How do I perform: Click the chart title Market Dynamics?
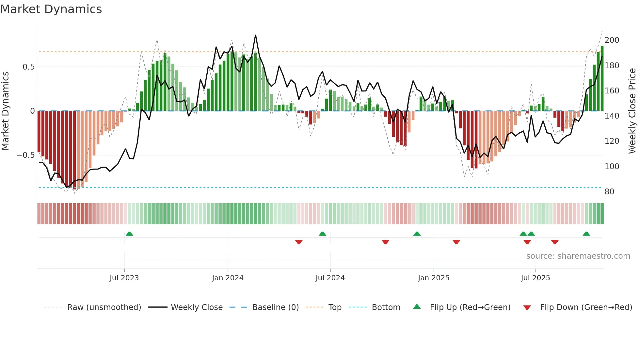click(x=51, y=9)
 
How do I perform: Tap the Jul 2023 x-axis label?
click(x=124, y=278)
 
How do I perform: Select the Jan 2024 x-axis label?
click(x=228, y=278)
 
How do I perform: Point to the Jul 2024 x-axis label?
click(x=330, y=278)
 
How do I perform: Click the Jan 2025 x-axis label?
click(x=433, y=278)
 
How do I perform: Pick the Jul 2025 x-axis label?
click(x=535, y=278)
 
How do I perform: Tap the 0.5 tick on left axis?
click(x=28, y=67)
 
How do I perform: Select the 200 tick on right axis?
click(x=612, y=40)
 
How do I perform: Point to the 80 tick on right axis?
click(x=609, y=192)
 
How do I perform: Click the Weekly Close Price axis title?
click(x=632, y=111)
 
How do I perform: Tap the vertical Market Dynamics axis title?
click(x=5, y=111)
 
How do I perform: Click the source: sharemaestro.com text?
click(x=578, y=256)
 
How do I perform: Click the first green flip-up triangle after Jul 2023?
click(x=129, y=234)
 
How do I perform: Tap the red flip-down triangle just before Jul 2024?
click(x=298, y=242)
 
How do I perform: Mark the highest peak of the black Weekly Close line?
click(x=255, y=35)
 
